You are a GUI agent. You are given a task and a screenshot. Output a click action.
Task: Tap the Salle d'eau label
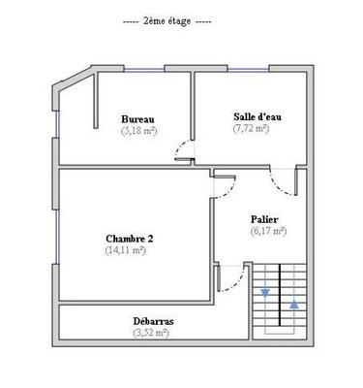click(251, 115)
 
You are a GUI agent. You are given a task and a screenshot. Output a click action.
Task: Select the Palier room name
click(267, 219)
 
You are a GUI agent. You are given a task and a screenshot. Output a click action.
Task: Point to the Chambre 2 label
click(129, 238)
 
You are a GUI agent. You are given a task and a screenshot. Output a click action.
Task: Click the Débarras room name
click(154, 321)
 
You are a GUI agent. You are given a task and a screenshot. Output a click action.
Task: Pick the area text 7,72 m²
click(251, 127)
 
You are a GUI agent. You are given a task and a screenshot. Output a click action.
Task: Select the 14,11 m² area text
click(126, 249)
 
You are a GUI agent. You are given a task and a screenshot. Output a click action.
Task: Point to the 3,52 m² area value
click(151, 333)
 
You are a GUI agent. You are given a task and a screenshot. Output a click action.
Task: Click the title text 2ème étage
click(167, 20)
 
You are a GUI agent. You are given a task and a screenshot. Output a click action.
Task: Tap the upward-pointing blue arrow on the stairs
click(293, 305)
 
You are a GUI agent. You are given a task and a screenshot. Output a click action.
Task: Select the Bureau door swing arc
click(181, 149)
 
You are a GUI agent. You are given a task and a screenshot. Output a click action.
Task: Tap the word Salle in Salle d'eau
click(242, 115)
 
